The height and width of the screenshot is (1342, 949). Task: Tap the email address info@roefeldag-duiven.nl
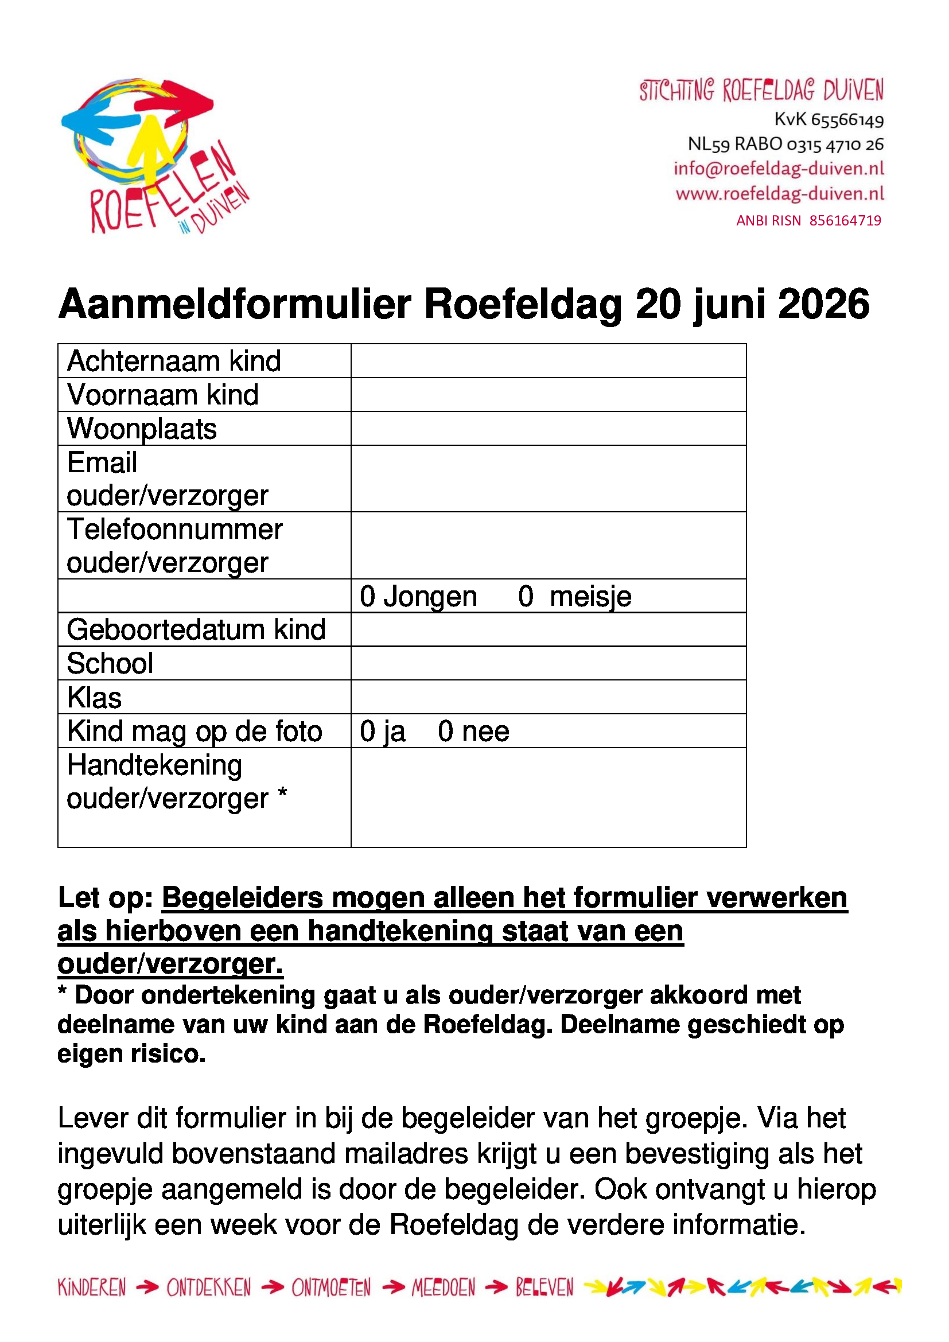click(779, 168)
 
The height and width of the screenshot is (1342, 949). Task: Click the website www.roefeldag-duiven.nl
click(780, 193)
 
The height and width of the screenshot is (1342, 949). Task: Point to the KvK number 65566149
click(847, 120)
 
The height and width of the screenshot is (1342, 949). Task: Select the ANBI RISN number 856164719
click(845, 220)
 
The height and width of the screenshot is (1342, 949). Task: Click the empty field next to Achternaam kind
click(548, 361)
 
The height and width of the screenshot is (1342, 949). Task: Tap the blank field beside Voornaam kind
click(548, 395)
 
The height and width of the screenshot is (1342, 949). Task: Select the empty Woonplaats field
click(548, 429)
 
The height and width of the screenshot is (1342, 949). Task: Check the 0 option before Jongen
click(368, 597)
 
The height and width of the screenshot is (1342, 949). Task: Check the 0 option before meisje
click(526, 597)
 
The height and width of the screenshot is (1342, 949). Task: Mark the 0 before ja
click(368, 732)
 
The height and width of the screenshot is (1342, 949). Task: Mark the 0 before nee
click(446, 732)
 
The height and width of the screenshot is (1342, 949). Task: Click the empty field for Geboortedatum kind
click(548, 629)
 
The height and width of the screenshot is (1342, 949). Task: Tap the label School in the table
click(110, 664)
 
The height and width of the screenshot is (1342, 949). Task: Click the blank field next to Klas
click(548, 697)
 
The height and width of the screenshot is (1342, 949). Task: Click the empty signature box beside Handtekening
click(548, 798)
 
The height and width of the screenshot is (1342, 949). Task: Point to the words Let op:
click(105, 898)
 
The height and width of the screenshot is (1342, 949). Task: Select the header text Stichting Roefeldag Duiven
click(761, 91)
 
